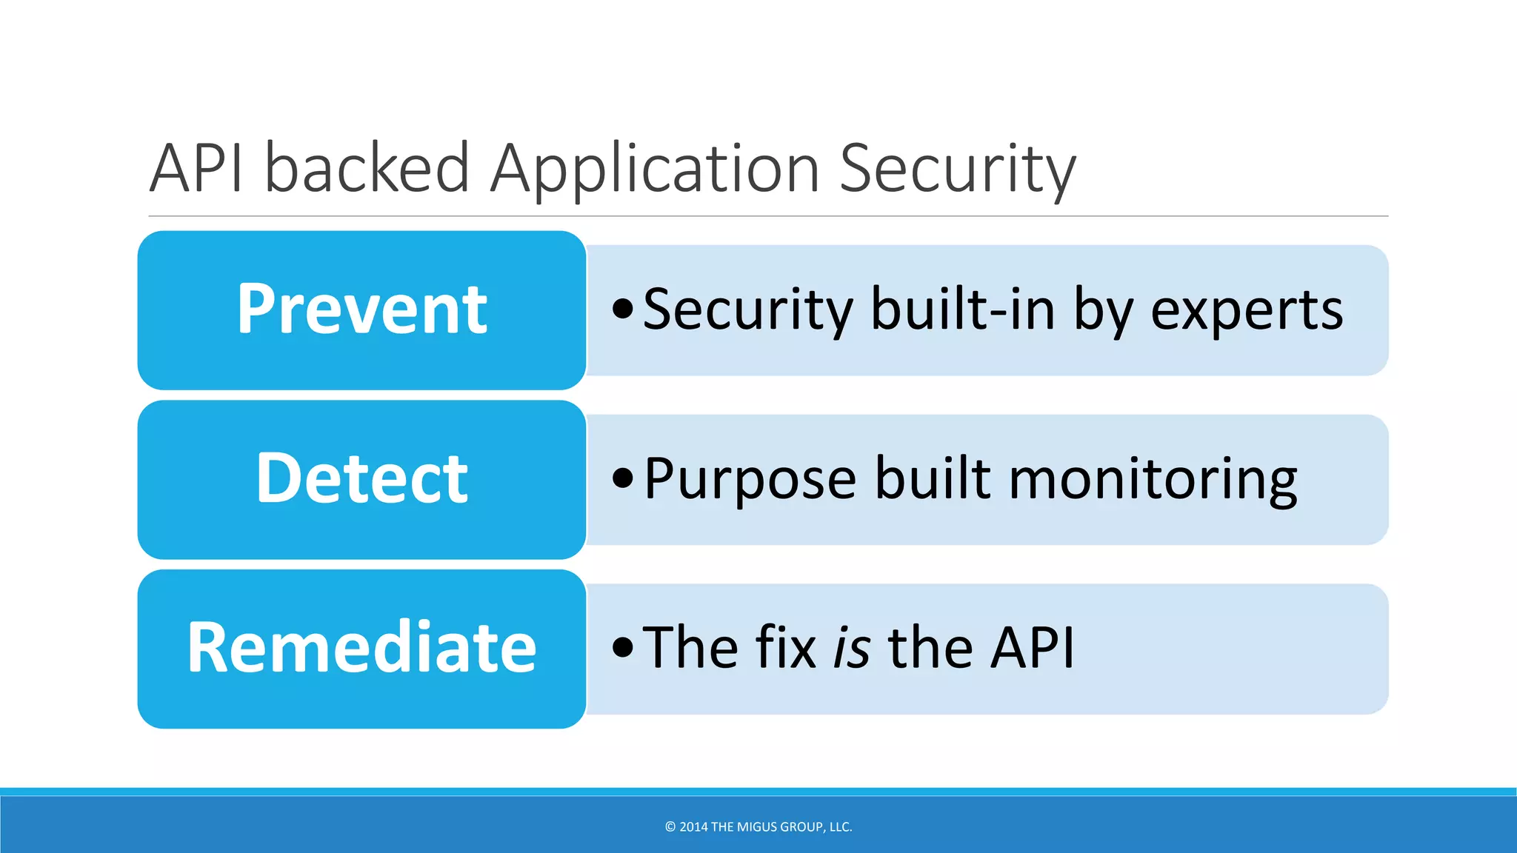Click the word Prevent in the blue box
point(361,310)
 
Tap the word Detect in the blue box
point(361,479)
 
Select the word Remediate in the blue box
point(361,648)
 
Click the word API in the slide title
point(196,169)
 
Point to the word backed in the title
point(367,169)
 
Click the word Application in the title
point(655,169)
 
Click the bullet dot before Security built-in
point(623,309)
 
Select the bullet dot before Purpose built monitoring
point(623,478)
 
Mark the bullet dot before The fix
point(623,647)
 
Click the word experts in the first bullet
point(1247,310)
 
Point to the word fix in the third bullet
point(786,647)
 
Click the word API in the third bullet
point(1032,647)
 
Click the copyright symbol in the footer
point(670,827)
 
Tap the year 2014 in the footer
point(693,827)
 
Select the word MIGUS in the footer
point(757,827)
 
